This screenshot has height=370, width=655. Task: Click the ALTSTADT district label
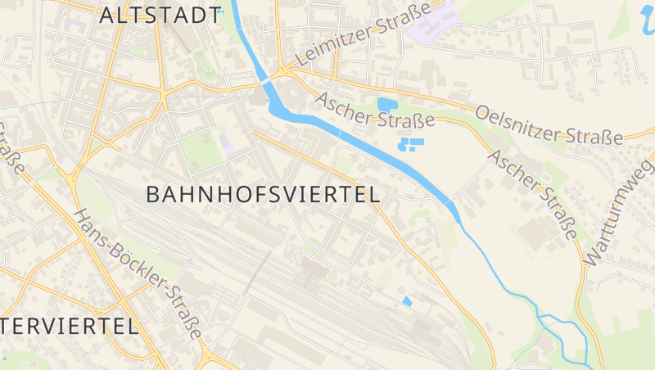(160, 15)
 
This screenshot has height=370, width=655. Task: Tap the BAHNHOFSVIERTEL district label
(263, 195)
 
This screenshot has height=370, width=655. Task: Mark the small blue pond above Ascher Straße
(386, 104)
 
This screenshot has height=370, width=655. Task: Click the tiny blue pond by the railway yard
(407, 301)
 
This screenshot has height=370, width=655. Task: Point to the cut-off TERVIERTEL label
(69, 326)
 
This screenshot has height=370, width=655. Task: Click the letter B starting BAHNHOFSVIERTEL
(154, 195)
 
